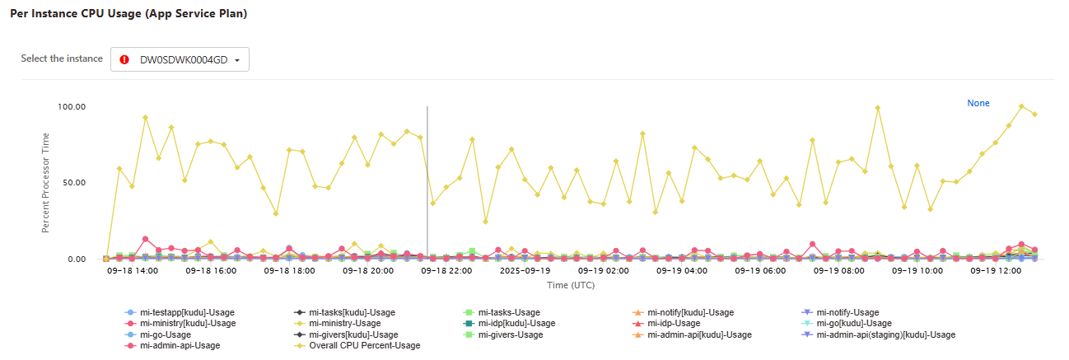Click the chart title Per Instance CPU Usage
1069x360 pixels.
[x=128, y=14]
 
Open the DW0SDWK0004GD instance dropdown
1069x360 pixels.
[x=180, y=60]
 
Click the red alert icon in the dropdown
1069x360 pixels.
[x=124, y=60]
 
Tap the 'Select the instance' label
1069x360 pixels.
[x=62, y=59]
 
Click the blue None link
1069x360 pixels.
[x=978, y=104]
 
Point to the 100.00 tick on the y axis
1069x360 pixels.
[x=72, y=107]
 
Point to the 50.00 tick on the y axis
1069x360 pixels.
[x=75, y=183]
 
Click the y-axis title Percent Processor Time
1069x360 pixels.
[x=47, y=183]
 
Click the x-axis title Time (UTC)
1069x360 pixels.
[x=571, y=285]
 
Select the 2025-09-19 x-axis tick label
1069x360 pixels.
[x=525, y=270]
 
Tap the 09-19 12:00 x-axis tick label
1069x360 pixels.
[x=997, y=270]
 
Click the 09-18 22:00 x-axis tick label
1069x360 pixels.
[x=446, y=270]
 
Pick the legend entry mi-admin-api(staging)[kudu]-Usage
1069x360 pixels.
[x=885, y=335]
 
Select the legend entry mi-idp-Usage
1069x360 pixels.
[x=674, y=324]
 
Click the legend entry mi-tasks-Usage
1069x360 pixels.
[x=508, y=313]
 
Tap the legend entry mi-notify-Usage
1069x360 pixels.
[x=847, y=313]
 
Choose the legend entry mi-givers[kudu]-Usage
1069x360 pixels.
[x=353, y=335]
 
